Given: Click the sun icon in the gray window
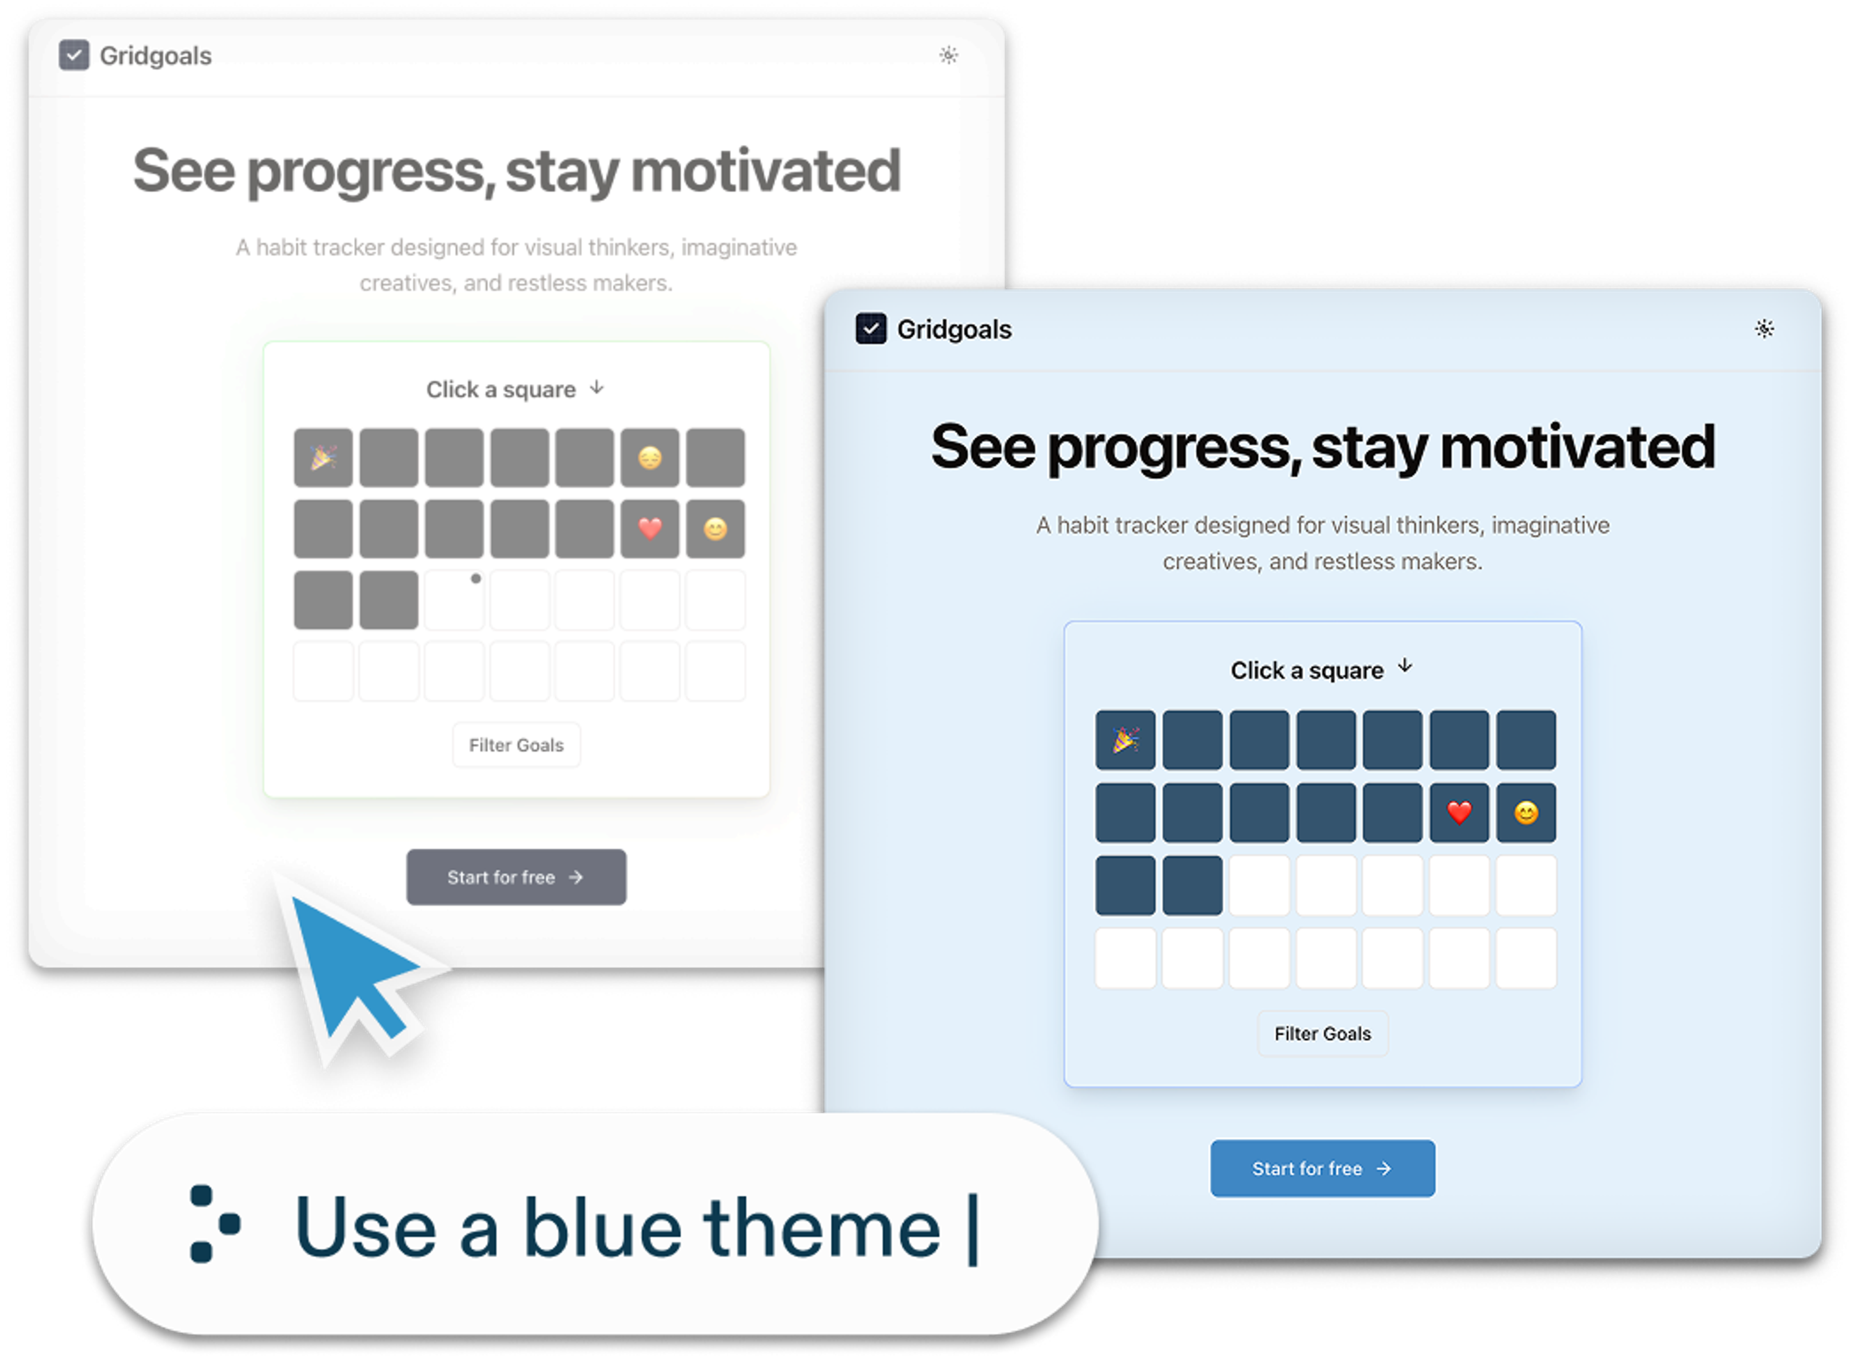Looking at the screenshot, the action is tap(948, 55).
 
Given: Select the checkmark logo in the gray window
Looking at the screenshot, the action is tap(74, 55).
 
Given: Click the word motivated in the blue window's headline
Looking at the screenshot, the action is tap(1577, 447).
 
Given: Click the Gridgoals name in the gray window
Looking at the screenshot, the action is tap(155, 56).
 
